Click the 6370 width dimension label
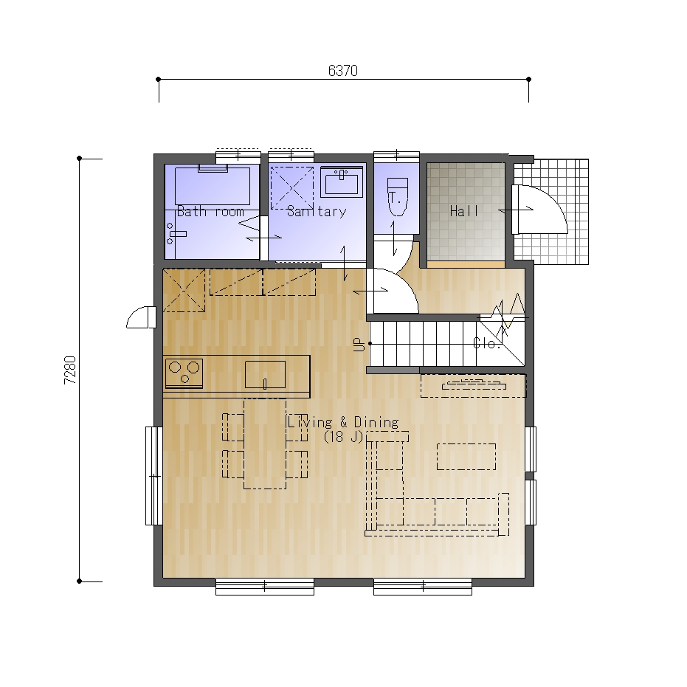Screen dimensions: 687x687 (x=343, y=71)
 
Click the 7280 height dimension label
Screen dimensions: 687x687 (x=70, y=370)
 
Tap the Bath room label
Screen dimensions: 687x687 (x=210, y=212)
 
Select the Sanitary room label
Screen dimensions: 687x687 (x=317, y=212)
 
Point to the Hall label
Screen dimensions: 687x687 (x=464, y=212)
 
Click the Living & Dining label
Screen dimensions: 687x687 (x=343, y=422)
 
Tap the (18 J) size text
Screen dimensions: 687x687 (x=343, y=437)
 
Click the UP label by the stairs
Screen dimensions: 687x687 (x=359, y=345)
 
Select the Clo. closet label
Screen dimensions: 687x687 (x=487, y=343)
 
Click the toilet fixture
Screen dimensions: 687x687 (x=398, y=197)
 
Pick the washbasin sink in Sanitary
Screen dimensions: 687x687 (x=342, y=182)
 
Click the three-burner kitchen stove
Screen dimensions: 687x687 (x=184, y=373)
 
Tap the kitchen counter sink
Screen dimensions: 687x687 (x=265, y=375)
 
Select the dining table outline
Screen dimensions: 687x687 (x=265, y=443)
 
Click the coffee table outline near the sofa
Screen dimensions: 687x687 (x=466, y=457)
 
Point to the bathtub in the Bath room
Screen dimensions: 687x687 (x=213, y=185)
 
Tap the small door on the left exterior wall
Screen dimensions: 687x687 (x=141, y=317)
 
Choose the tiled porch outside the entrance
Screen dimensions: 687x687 (x=551, y=212)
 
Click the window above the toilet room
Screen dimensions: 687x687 (x=396, y=155)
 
